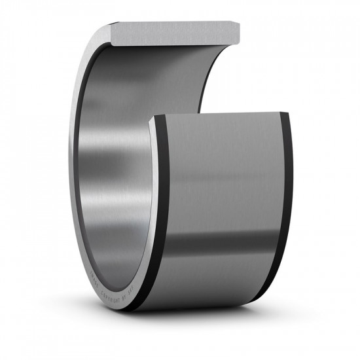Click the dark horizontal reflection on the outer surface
click(223, 242)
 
